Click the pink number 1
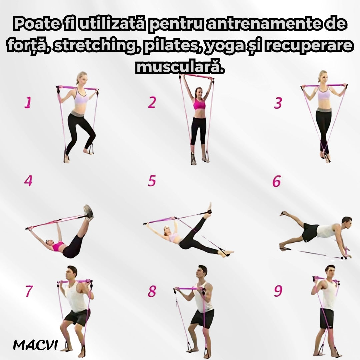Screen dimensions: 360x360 pos(28,102)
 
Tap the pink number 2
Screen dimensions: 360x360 pos(152,102)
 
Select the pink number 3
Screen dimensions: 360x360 pos(278,103)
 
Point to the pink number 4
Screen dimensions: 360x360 pos(28,181)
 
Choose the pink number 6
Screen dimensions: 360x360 pos(276,181)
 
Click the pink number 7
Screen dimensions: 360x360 pos(29,291)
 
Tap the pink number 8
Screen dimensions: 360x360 pos(152,291)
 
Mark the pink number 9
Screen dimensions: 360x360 pos(278,291)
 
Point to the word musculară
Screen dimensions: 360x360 pos(180,67)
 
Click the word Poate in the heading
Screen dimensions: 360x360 pos(37,23)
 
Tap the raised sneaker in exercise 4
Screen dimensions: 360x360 pos(88,212)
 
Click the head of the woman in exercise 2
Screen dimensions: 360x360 pos(198,92)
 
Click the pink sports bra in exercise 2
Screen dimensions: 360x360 pos(199,104)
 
